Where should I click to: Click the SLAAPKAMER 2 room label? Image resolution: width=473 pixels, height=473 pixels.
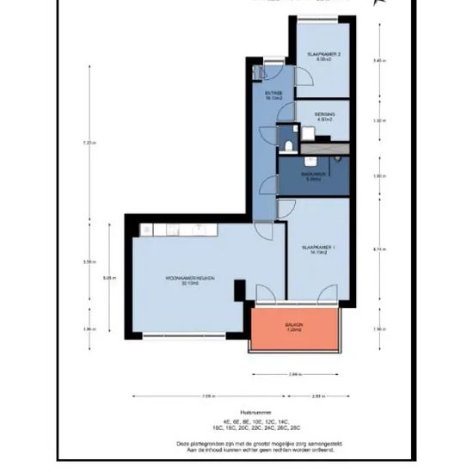pos(324,57)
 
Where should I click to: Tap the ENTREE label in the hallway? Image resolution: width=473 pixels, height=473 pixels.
pos(274,95)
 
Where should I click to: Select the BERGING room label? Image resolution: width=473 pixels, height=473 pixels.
pos(324,116)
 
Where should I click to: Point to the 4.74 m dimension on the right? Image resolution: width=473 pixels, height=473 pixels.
pos(377,249)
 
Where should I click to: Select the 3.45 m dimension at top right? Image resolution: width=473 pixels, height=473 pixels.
pos(377,61)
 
